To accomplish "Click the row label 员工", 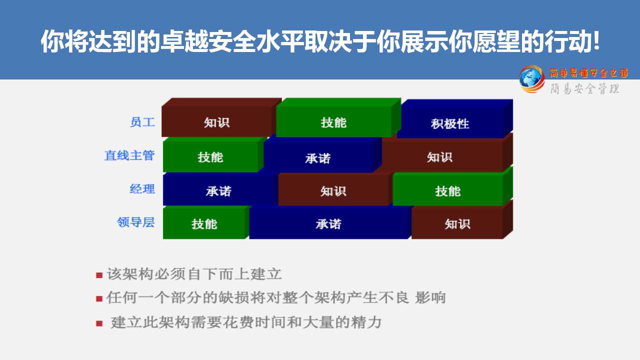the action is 142,122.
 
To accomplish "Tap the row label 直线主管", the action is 129,155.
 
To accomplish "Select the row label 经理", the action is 142,189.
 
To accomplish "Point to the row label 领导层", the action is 135,222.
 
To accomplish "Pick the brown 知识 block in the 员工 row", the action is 221,117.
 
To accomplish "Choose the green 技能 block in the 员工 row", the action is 338,117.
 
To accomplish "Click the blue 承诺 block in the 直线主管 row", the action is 323,154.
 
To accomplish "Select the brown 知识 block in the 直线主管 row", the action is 447,152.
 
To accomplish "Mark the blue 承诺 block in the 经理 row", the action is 220,188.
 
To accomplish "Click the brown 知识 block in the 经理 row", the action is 335,188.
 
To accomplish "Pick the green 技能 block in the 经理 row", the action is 453,186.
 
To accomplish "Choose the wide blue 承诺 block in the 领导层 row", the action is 330,222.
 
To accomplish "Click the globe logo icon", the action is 531,79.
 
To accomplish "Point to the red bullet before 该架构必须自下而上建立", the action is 99,275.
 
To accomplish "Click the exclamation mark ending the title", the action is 596,41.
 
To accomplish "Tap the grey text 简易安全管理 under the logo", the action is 585,88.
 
